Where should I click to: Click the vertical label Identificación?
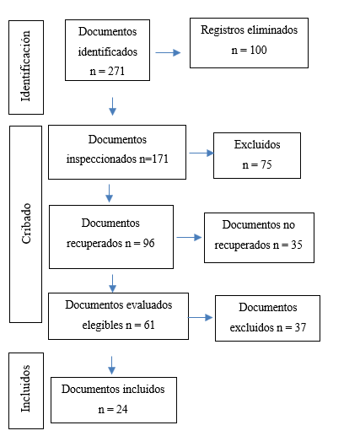coord(25,67)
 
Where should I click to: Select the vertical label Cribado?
coord(25,223)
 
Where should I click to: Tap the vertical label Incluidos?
coord(25,388)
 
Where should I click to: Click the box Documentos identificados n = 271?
coord(107,51)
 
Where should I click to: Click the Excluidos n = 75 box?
coord(256,155)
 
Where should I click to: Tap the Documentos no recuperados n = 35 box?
coord(259,239)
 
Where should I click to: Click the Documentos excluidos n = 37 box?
coord(267,318)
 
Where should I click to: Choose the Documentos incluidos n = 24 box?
coord(114,400)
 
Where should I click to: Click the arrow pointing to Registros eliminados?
coord(169,52)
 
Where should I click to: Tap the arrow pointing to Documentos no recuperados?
coord(189,239)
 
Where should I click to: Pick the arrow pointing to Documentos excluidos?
coord(201,318)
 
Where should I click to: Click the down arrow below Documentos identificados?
coord(111,105)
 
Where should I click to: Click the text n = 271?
coord(107,71)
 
